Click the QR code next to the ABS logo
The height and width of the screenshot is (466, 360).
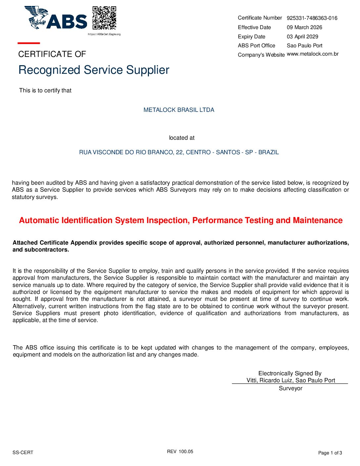click(104, 18)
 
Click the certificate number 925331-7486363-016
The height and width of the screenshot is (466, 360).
click(312, 18)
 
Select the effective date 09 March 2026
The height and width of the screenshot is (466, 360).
click(304, 27)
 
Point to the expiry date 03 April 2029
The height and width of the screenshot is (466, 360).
click(302, 37)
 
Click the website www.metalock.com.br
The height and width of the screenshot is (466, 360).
click(313, 54)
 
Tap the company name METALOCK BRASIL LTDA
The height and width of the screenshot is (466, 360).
click(179, 110)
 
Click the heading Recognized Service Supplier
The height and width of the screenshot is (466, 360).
click(94, 70)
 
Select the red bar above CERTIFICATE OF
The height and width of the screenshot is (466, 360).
click(29, 43)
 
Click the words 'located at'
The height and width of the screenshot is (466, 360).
click(182, 138)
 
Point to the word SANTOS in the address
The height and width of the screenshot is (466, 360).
click(228, 152)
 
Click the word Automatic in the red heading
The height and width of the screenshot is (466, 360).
click(39, 220)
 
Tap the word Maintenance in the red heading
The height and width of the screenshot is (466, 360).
click(318, 220)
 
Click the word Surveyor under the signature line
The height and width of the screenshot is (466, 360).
click(291, 388)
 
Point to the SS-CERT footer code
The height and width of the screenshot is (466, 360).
click(23, 452)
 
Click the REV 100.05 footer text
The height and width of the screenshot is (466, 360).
click(180, 451)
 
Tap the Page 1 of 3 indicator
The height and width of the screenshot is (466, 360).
click(330, 453)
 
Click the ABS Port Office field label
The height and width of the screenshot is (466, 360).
click(256, 46)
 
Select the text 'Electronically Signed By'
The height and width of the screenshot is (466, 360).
click(290, 373)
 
